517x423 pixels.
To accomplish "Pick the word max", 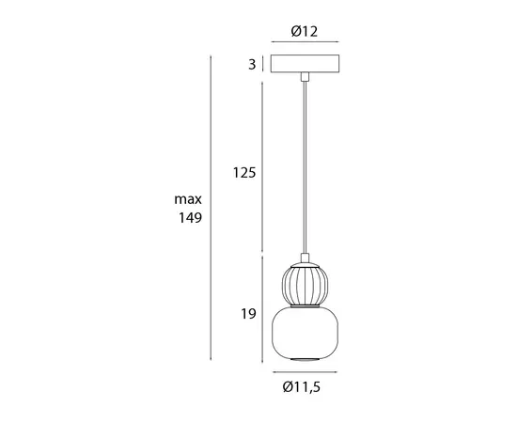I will (188, 199).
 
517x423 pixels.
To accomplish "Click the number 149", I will (189, 218).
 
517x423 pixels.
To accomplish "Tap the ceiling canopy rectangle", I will (304, 65).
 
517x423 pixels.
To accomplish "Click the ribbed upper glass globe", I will (304, 284).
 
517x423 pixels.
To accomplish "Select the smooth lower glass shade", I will (304, 333).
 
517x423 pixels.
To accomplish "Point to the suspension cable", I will (304, 169).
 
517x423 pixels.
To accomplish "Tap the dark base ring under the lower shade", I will (304, 360).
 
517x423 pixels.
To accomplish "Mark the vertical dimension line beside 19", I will (261, 310).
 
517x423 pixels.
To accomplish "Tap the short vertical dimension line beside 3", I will (261, 65).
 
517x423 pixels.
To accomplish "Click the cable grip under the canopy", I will (304, 78).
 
